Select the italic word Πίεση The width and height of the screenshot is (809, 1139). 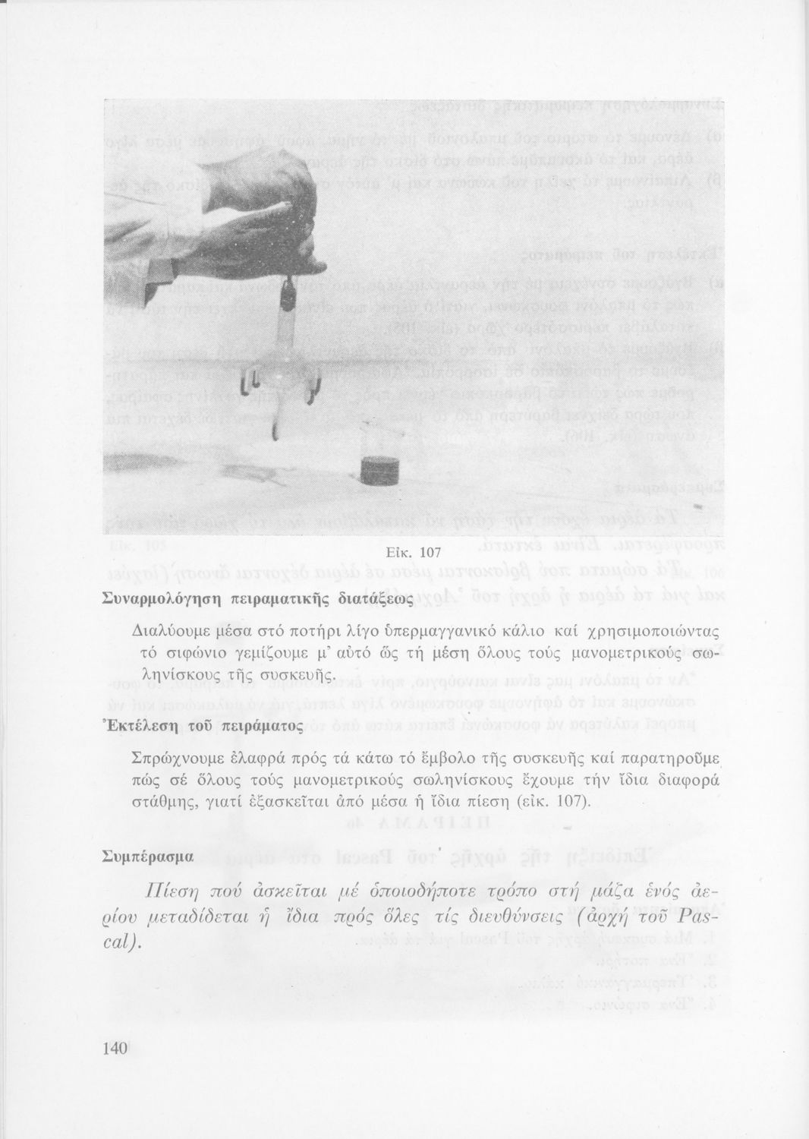(178, 892)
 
